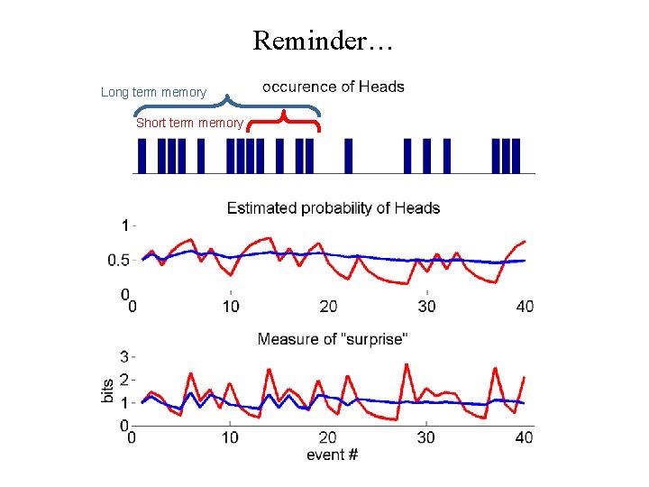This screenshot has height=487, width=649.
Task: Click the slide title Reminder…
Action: (x=324, y=41)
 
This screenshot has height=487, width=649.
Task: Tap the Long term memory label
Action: (x=153, y=92)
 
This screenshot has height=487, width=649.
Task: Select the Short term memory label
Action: (x=189, y=123)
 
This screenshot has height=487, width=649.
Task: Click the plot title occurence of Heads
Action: (x=333, y=87)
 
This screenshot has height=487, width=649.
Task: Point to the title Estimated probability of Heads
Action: (x=333, y=208)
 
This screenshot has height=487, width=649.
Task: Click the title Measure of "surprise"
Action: (x=332, y=339)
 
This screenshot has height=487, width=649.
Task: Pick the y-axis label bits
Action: (x=108, y=391)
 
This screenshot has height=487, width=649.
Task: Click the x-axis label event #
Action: (x=332, y=455)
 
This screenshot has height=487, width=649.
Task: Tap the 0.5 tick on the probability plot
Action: (x=118, y=261)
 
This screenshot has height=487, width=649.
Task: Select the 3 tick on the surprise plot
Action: (x=123, y=356)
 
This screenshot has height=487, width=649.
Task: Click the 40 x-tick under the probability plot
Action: (x=525, y=307)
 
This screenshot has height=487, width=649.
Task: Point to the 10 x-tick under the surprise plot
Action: (x=231, y=437)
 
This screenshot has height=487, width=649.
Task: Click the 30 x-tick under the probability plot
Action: (x=426, y=307)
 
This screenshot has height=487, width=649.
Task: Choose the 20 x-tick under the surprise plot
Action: (x=328, y=437)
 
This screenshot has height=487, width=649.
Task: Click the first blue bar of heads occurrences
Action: (x=142, y=155)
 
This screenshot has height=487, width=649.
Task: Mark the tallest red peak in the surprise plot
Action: (x=407, y=364)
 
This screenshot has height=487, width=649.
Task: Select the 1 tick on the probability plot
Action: (x=124, y=225)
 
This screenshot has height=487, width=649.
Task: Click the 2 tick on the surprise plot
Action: (x=123, y=380)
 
